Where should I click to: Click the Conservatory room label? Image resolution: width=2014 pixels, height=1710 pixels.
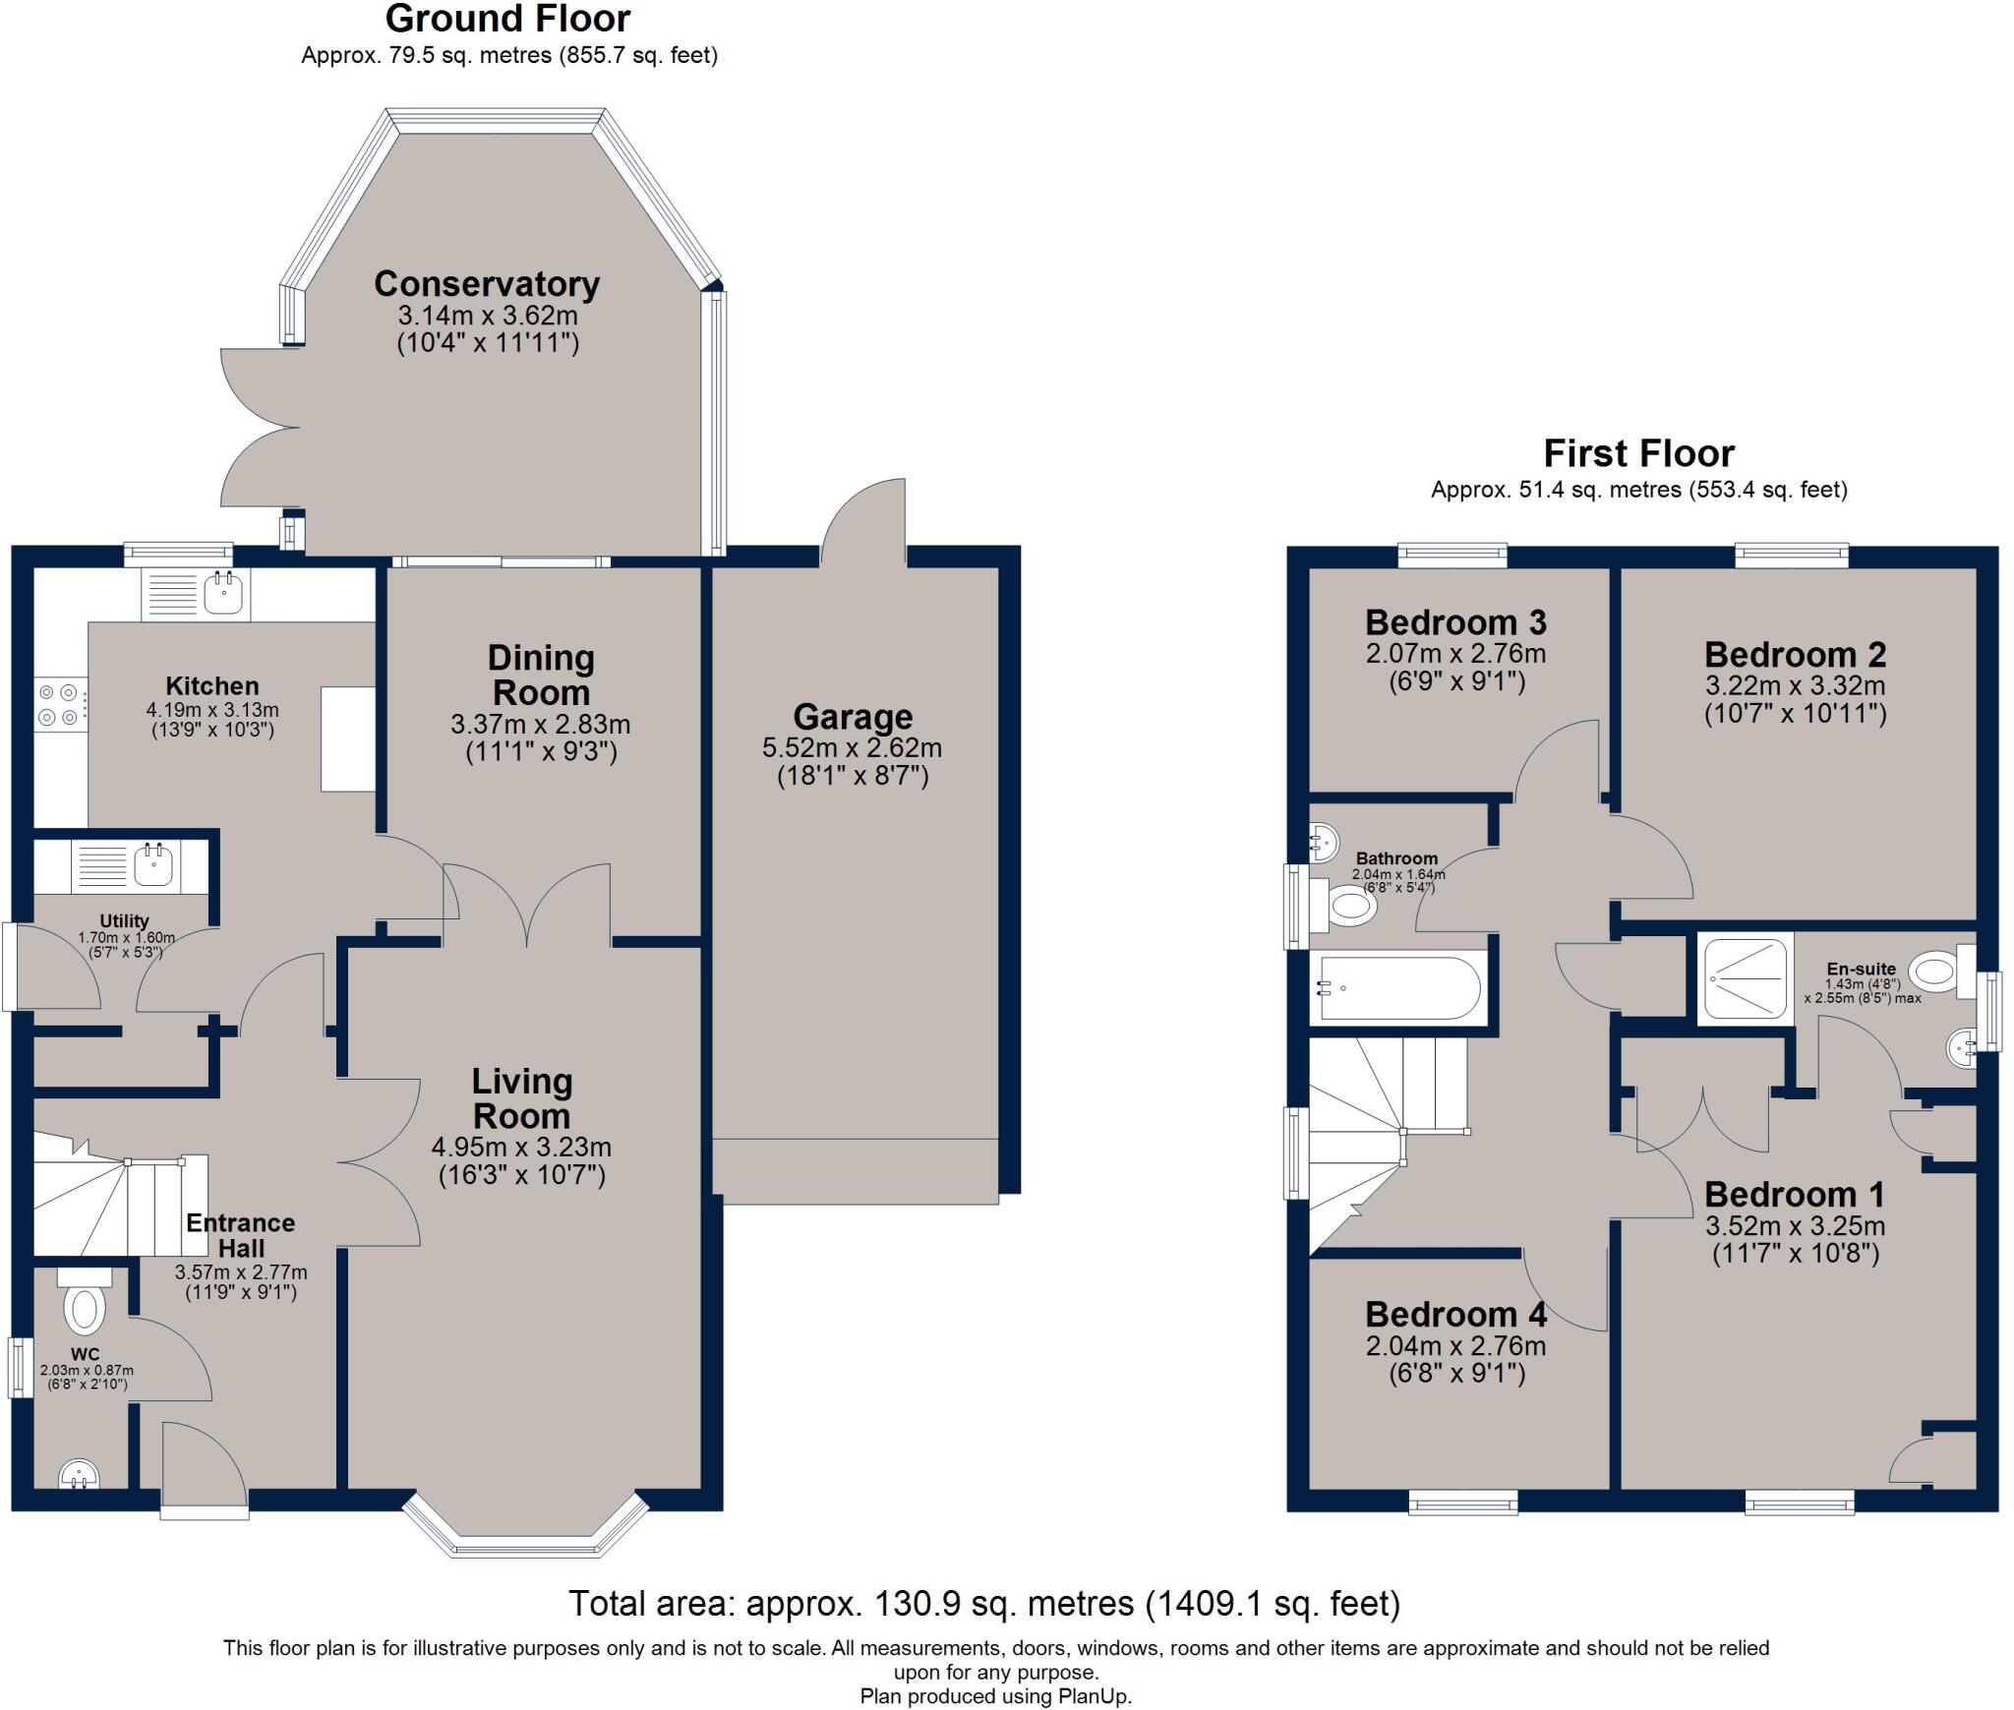487,284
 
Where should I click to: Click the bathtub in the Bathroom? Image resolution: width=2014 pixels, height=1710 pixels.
1397,987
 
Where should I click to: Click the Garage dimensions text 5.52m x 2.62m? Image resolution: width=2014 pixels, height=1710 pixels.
853,748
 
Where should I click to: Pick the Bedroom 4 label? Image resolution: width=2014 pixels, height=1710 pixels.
1455,1315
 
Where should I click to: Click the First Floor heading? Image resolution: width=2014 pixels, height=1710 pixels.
1638,453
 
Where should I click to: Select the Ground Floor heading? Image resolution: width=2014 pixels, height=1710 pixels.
508,19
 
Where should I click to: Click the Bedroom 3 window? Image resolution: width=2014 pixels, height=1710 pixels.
1452,557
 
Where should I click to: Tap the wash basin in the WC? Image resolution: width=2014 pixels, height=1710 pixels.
79,1473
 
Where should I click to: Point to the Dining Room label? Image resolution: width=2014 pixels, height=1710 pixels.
541,675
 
